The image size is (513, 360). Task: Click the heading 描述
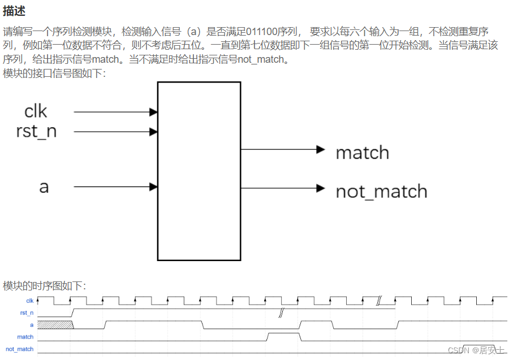coord(14,11)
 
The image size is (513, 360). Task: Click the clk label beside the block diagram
coord(36,111)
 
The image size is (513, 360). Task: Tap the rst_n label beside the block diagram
coord(36,132)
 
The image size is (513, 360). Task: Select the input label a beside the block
coord(44,186)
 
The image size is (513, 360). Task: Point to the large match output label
coord(363,153)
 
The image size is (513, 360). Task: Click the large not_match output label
coord(381,191)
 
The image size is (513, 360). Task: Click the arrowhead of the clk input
coord(153,112)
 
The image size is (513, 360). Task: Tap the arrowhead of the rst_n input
coord(153,132)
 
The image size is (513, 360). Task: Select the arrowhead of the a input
coord(153,186)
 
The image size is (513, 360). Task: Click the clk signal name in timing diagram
coord(30,301)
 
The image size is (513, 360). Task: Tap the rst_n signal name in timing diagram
coord(27,313)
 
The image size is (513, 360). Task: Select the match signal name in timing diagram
coord(25,337)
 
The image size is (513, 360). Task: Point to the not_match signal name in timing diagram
coord(20,349)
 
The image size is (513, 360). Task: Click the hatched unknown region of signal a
coord(55,324)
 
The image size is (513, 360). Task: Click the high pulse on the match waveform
coord(283,337)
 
